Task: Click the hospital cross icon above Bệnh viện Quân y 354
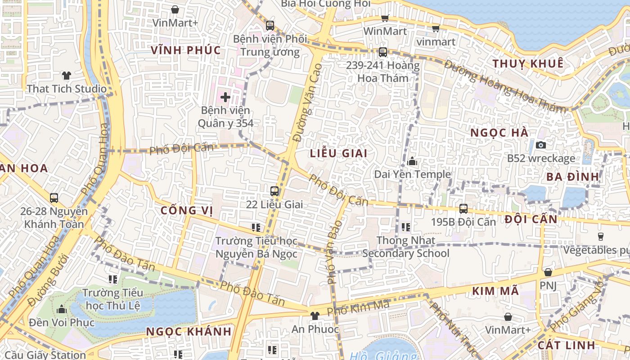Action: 225,97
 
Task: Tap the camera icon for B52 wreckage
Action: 541,145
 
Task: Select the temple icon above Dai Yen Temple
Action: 412,161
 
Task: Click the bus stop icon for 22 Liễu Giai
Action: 274,191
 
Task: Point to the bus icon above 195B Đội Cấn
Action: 463,209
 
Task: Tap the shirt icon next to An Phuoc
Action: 315,316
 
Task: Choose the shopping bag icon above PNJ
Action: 548,272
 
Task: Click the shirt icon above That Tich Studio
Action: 67,75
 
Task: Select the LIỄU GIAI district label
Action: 338,153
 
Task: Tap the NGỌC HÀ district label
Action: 499,133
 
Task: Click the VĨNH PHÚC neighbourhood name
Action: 186,50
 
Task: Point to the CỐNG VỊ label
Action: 186,210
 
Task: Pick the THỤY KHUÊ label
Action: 528,63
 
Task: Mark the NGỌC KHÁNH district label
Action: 189,332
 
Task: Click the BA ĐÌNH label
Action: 572,176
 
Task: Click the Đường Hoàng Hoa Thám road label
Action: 504,85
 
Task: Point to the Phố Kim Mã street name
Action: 358,308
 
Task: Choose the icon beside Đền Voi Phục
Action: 62,310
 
